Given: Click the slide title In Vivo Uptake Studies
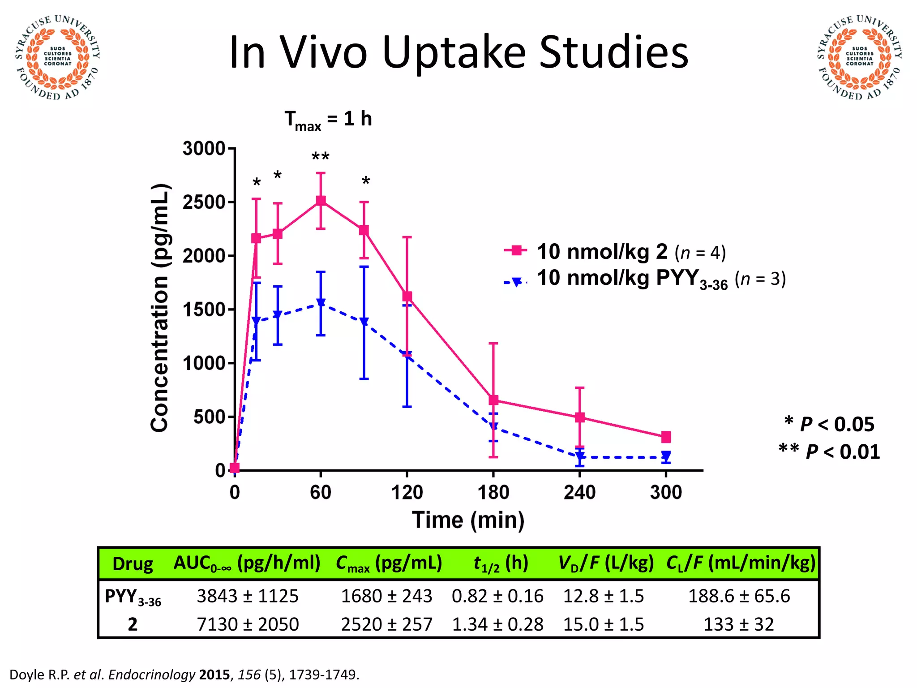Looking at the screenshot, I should click(458, 53).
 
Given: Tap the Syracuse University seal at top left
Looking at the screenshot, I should click(57, 57).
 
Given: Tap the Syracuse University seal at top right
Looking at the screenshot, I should click(859, 57).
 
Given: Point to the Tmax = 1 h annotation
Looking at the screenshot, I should click(328, 120).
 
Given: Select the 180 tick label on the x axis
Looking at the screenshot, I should click(493, 493).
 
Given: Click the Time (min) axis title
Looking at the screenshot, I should click(468, 520).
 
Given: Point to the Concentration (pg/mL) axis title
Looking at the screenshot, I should click(160, 308).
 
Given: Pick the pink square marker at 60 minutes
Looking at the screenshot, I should click(321, 201).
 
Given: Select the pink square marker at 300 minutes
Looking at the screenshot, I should click(666, 437).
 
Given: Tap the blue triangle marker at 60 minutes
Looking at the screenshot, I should click(321, 303).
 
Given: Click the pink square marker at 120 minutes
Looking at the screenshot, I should click(407, 297).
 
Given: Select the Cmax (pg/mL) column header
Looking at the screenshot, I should click(389, 563).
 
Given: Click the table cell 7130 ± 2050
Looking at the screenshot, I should click(248, 624).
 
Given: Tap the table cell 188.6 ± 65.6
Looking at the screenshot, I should click(739, 596).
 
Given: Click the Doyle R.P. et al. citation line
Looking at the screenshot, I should click(184, 675).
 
